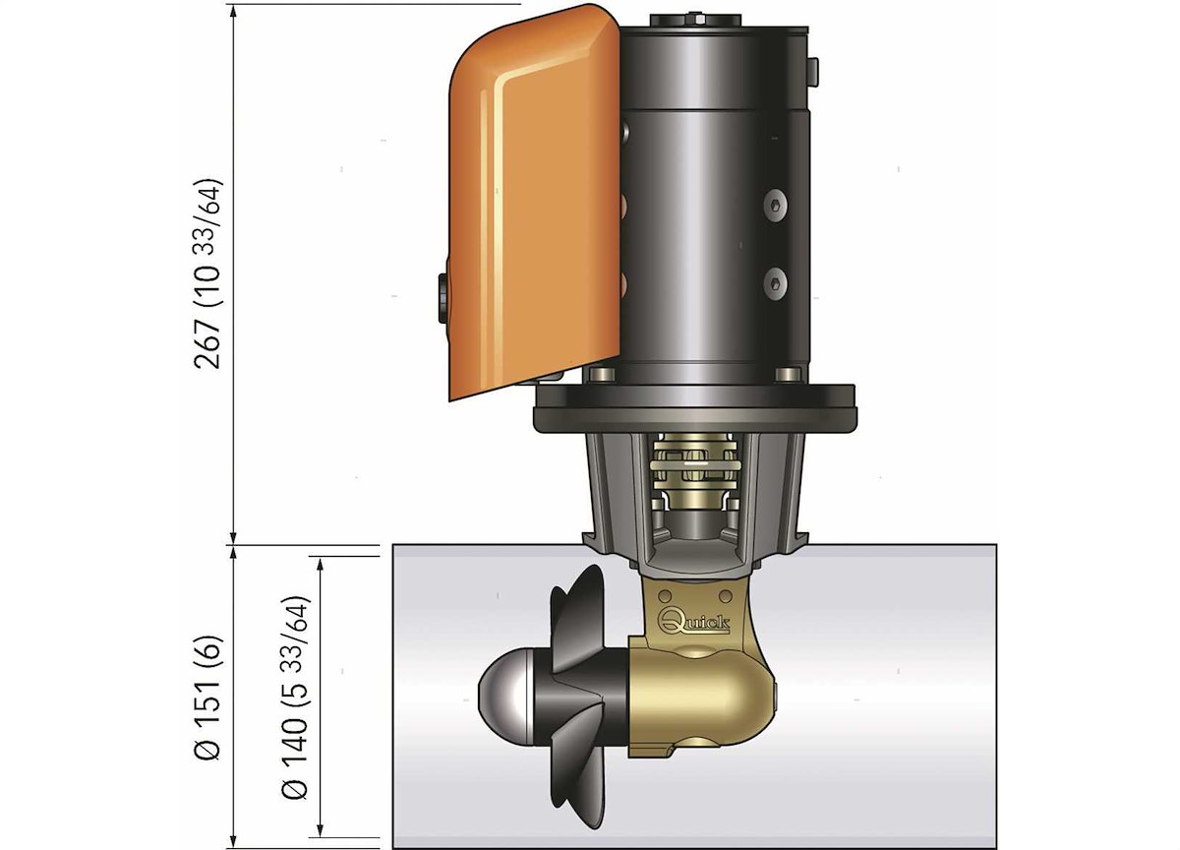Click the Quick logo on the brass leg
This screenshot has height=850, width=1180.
(694, 622)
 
